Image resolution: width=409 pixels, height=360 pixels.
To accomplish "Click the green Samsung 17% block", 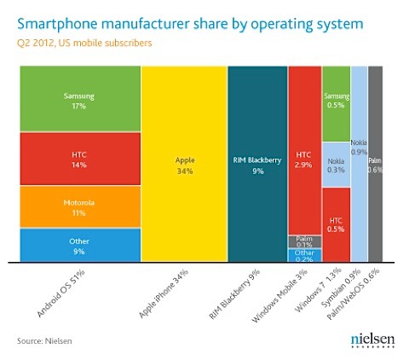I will click(78, 102).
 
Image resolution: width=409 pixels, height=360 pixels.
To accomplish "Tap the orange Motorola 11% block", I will click(78, 208).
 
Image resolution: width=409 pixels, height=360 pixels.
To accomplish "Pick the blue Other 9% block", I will click(78, 246).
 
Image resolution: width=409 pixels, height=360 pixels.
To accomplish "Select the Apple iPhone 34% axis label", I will click(164, 294).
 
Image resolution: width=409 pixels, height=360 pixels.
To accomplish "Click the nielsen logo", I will click(372, 340).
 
